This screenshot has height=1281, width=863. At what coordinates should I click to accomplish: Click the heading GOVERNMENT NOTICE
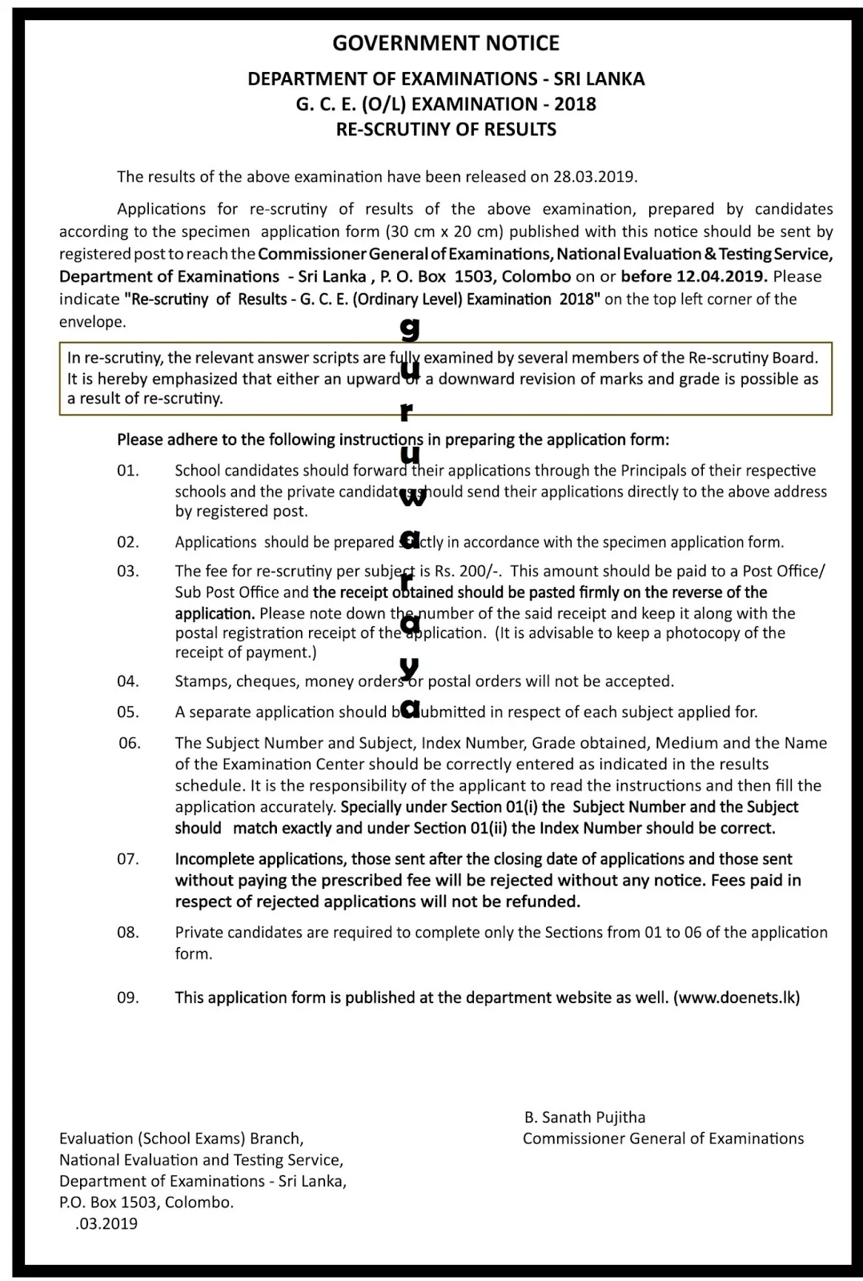[446, 43]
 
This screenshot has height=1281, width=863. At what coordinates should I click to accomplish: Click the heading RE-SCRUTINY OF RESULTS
[446, 130]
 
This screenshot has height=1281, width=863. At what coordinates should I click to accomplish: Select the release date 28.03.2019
[595, 177]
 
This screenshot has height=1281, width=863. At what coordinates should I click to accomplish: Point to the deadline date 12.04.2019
[727, 277]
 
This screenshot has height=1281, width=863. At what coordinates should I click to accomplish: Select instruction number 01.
[128, 471]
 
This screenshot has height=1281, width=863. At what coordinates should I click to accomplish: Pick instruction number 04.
[128, 682]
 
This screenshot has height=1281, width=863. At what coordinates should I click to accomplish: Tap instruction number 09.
[128, 998]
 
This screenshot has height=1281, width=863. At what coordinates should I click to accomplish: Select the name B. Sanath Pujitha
[585, 1118]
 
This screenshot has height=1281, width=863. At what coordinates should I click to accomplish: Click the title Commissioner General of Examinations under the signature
[663, 1139]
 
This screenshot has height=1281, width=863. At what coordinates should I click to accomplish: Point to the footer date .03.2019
[106, 1224]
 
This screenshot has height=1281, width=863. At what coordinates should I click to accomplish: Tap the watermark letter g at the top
[410, 329]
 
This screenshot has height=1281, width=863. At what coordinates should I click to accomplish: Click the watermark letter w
[412, 497]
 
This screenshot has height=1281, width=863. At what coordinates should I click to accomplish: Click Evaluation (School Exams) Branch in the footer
[181, 1139]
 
